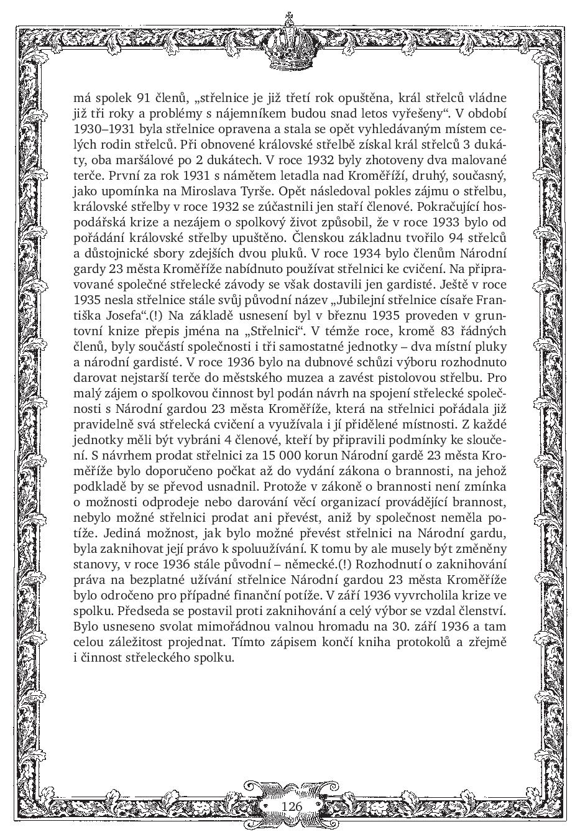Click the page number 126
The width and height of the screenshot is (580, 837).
[x=291, y=806]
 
